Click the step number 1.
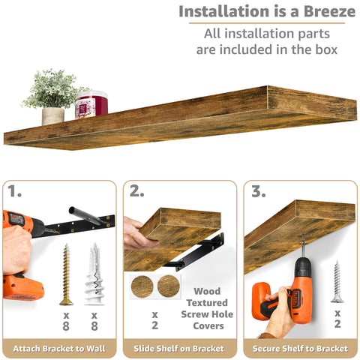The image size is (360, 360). point(15,192)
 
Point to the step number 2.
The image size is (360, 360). point(136,192)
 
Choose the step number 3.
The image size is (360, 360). point(259,192)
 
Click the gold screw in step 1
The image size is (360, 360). point(66,274)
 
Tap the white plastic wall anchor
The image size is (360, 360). point(94,274)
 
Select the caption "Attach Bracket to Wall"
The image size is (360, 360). point(60,349)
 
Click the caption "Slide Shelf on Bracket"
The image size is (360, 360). point(180,349)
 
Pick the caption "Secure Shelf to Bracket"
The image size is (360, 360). point(300,349)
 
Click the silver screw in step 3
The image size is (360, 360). point(337,281)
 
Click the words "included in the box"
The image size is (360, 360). point(267,50)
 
